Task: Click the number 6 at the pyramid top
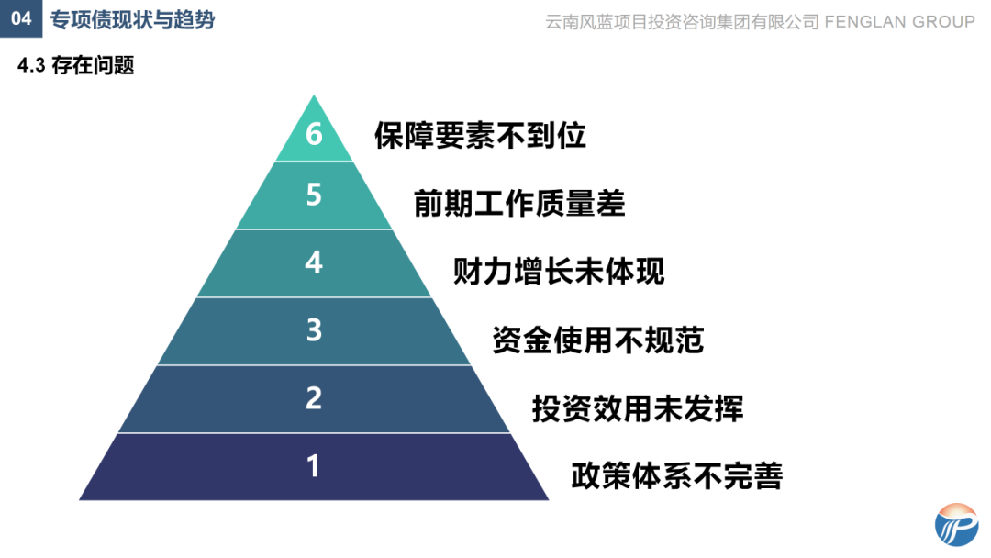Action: (x=314, y=135)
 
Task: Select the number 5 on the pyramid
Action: (x=314, y=195)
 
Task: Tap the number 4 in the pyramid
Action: (x=314, y=262)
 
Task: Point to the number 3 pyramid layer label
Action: (x=314, y=330)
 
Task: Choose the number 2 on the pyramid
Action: (x=314, y=398)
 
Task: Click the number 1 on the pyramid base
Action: (x=314, y=466)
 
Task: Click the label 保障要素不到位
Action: (x=480, y=136)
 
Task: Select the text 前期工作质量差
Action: (x=519, y=204)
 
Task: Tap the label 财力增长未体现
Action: (x=559, y=272)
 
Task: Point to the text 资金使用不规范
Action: (x=598, y=340)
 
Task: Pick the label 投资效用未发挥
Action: (x=638, y=407)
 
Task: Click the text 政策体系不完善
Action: (x=677, y=476)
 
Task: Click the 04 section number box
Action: (x=21, y=19)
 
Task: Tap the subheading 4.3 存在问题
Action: (x=76, y=66)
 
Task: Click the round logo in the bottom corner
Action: (x=958, y=524)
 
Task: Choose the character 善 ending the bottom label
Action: (x=768, y=476)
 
